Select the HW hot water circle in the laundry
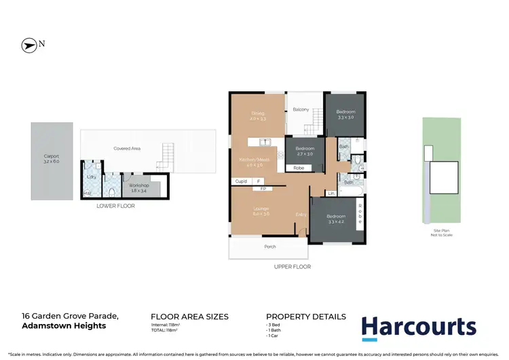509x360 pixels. (86, 194)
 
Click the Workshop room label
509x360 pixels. (138, 185)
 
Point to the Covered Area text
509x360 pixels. (126, 147)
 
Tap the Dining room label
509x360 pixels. (257, 113)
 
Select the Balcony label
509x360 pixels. (301, 109)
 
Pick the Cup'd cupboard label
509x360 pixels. (241, 181)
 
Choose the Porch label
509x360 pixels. (269, 247)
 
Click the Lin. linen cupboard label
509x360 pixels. (331, 194)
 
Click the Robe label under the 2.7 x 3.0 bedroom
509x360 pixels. (299, 166)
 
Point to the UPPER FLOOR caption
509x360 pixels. (292, 267)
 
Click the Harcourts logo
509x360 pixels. (418, 327)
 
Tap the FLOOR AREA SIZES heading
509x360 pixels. (189, 317)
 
